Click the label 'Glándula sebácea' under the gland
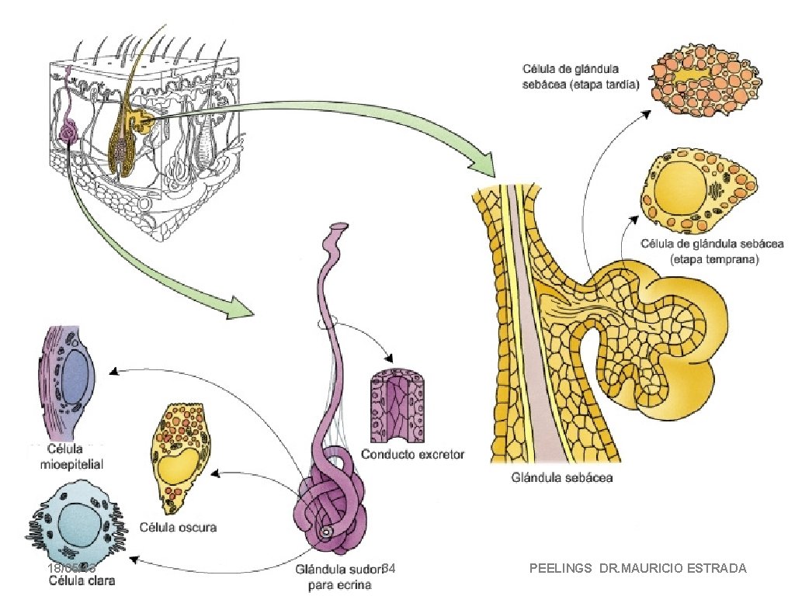(x=562, y=478)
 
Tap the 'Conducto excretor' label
(x=413, y=454)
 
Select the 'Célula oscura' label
(x=178, y=528)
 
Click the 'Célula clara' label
(x=78, y=580)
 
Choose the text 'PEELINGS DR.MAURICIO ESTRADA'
(x=637, y=569)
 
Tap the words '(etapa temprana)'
(x=713, y=259)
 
